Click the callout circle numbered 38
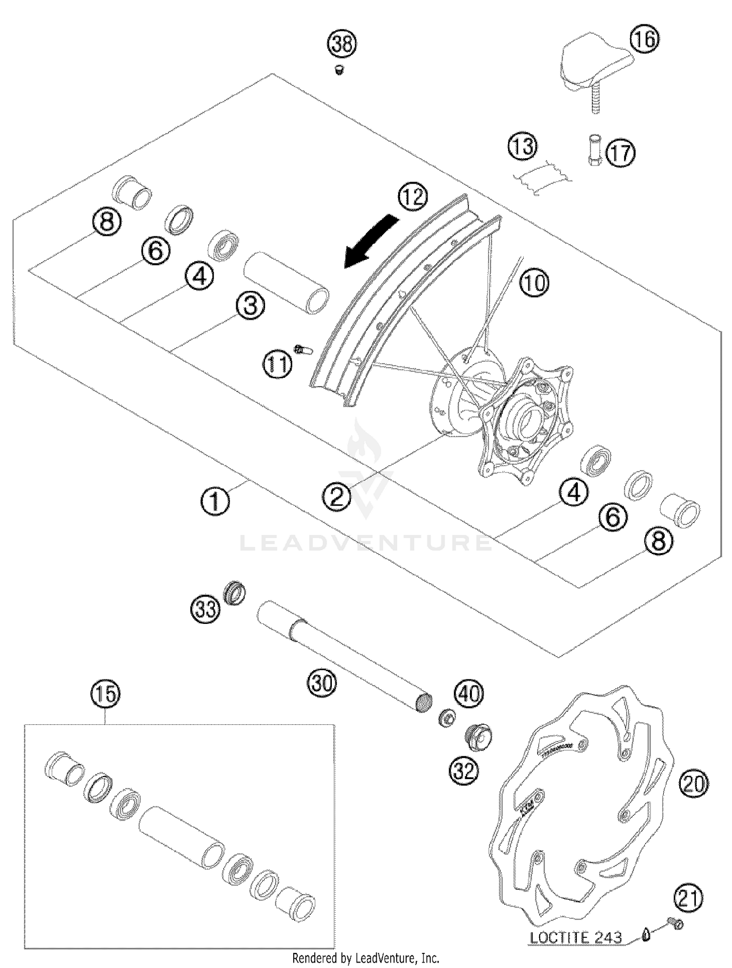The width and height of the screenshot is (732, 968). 342,44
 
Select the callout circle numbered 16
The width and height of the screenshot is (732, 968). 644,39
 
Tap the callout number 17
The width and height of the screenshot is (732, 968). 620,153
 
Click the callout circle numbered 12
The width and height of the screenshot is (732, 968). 412,197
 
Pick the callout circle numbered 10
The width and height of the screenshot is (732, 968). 534,283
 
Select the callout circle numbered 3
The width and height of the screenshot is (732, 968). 250,306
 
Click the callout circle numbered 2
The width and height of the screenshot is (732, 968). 337,497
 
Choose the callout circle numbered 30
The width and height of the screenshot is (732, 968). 322,682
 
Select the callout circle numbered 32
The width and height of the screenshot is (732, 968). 464,771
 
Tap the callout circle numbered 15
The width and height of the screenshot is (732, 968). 106,694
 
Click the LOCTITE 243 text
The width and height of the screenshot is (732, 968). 576,937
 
